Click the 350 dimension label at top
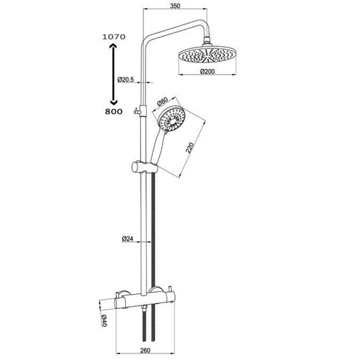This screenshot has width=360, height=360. click(175, 6)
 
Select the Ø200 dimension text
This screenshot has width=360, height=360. click(208, 71)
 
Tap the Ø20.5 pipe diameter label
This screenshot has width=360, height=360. click(125, 80)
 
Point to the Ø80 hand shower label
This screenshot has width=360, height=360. click(163, 102)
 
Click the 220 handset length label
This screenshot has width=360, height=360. click(190, 148)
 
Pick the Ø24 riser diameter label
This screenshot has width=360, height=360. click(127, 239)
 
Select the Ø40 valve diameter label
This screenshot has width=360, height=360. click(104, 320)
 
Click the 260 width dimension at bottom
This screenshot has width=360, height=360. click(145, 350)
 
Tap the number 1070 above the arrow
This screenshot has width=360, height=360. click(114, 37)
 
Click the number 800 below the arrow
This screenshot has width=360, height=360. click(113, 112)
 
